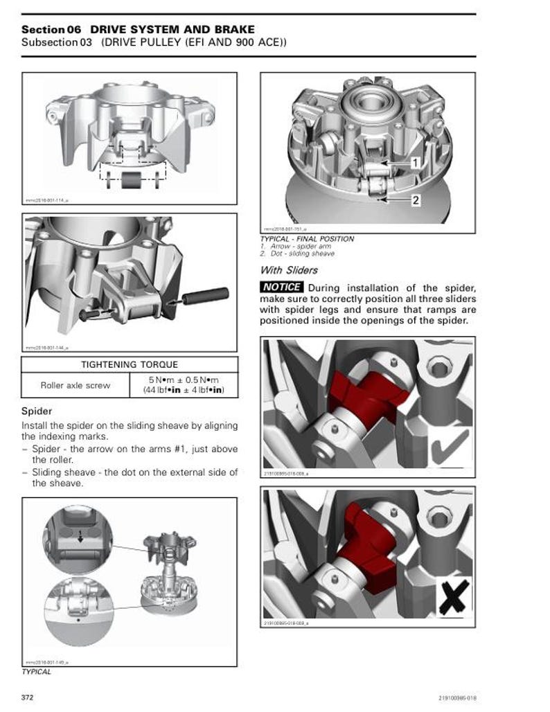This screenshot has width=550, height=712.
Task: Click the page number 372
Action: (x=28, y=696)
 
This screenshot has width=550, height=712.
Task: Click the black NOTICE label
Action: (x=282, y=287)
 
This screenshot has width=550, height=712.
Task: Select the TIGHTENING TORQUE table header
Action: (x=130, y=364)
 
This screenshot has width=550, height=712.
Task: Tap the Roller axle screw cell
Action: (x=75, y=385)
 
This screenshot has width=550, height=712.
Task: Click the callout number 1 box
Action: (x=414, y=163)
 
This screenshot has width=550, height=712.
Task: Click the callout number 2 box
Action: (x=415, y=200)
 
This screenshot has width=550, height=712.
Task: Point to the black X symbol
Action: (x=454, y=596)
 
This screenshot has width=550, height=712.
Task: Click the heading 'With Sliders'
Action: (x=289, y=270)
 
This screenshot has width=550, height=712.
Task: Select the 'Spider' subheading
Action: (x=37, y=411)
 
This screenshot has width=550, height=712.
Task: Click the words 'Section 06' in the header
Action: (x=51, y=29)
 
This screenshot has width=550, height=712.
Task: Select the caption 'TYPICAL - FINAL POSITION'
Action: (x=307, y=239)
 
